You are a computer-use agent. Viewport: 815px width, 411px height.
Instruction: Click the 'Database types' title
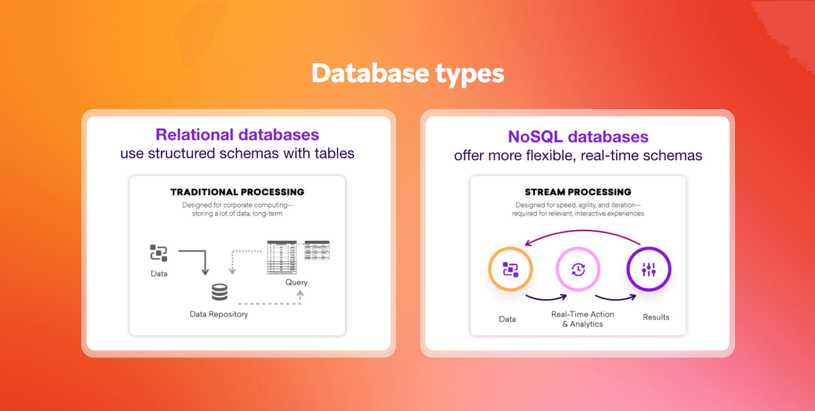point(407,73)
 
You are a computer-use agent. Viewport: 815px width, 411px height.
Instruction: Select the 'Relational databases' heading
point(237,135)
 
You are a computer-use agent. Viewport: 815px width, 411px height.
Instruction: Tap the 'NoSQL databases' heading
point(578,137)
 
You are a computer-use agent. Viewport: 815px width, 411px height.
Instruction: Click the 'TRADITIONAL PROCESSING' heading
point(237,192)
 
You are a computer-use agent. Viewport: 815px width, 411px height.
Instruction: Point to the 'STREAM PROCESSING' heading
point(578,192)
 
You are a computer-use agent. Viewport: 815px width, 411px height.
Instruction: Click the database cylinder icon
point(219,292)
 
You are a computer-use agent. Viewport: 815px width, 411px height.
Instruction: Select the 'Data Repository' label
point(219,314)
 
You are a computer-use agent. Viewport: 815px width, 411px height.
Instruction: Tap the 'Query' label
point(296,282)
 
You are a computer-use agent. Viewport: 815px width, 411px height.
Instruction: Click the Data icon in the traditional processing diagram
point(159,253)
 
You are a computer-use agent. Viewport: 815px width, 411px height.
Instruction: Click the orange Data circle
point(510,269)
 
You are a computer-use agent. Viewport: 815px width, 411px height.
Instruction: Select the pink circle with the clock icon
point(578,269)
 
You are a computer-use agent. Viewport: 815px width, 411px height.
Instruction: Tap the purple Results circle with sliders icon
point(649,269)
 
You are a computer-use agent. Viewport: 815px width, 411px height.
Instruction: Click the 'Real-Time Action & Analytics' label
point(582,319)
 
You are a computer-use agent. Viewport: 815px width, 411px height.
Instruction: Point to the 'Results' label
point(656,317)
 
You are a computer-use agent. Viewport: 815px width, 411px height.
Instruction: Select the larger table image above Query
point(281,257)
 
